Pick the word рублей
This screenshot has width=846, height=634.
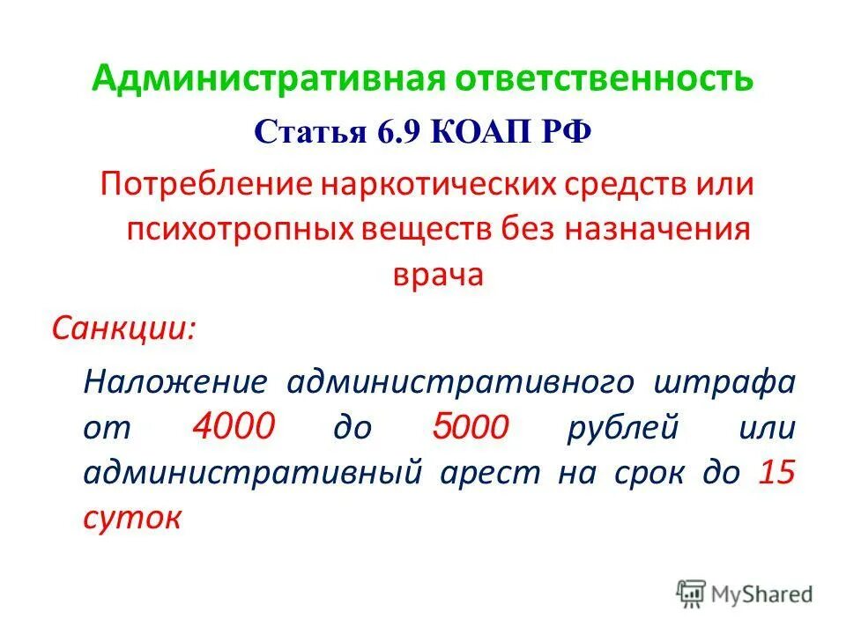(627, 427)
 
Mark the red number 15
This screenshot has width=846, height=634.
(776, 472)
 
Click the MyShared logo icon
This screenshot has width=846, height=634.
(691, 594)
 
